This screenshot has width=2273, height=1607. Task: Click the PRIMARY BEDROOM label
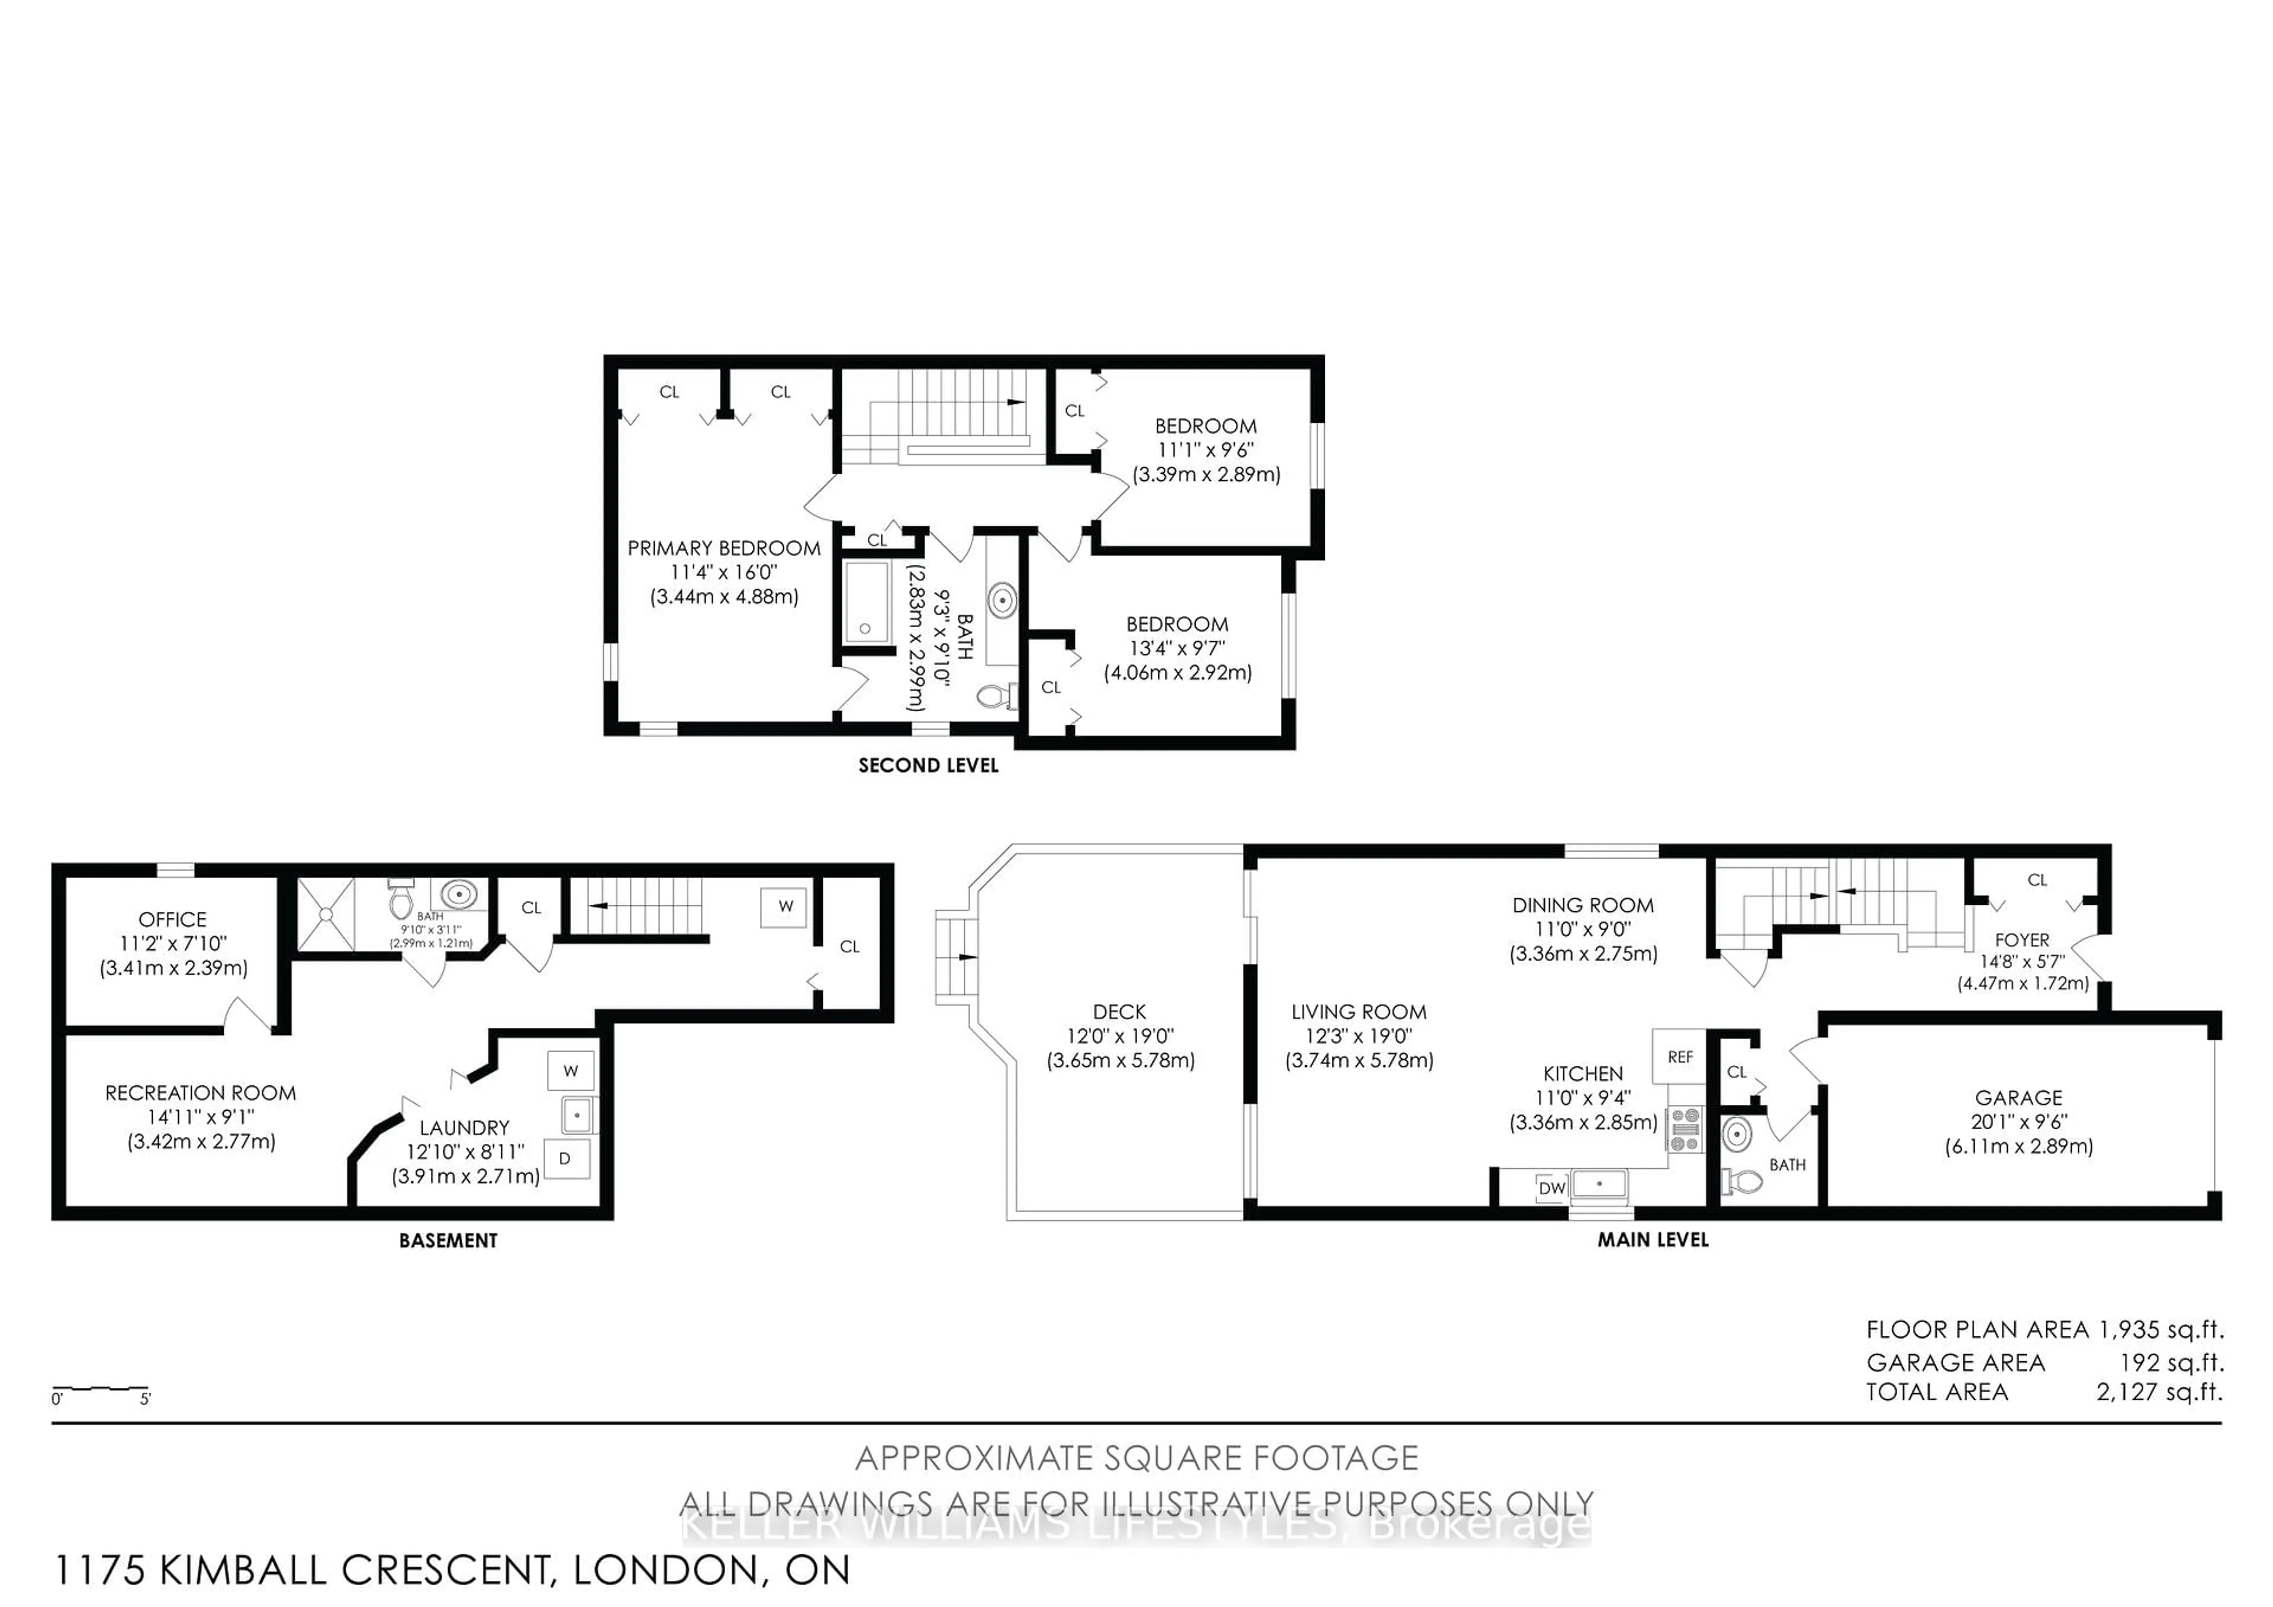[x=724, y=548]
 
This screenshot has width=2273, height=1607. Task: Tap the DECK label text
[x=1120, y=1012]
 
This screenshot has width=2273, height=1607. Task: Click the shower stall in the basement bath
[x=326, y=914]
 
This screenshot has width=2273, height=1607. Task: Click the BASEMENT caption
[x=449, y=1240]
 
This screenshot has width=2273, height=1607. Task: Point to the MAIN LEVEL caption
[x=1653, y=1240]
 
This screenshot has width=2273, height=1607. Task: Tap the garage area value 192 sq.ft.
[x=2171, y=1364]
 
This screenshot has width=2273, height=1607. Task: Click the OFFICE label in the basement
[x=172, y=920]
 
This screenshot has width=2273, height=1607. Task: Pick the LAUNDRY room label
[x=464, y=1128]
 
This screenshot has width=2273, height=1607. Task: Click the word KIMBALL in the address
[x=246, y=1570]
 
